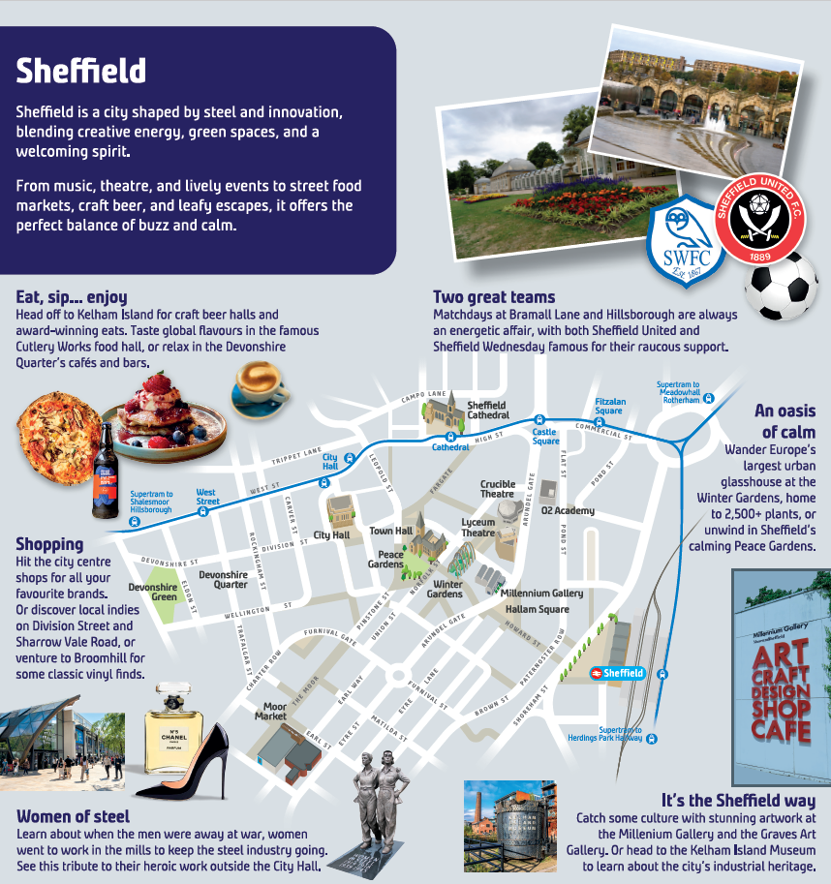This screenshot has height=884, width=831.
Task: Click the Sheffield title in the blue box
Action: coord(81,70)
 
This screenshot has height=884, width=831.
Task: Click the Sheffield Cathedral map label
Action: coord(487,410)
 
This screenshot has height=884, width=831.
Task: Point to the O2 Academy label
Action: coord(569,510)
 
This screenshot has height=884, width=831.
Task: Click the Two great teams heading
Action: coord(494,297)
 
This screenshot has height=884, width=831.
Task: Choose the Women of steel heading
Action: coord(73,816)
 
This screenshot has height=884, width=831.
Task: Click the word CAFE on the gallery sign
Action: coord(781,732)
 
